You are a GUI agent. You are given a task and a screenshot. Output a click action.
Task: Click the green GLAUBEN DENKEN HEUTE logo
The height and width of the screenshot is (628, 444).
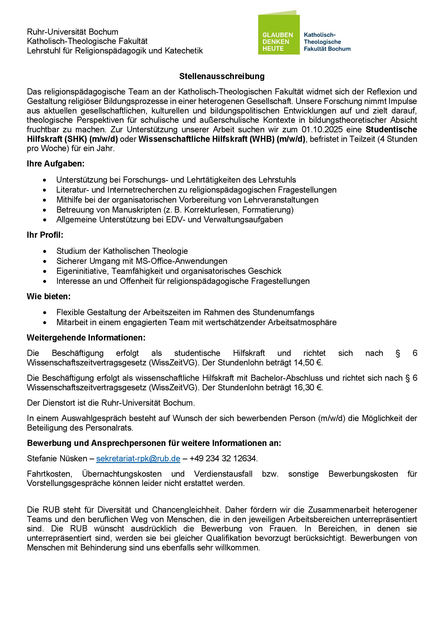pyautogui.click(x=279, y=34)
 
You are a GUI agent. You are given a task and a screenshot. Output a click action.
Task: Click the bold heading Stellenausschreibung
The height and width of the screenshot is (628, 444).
pyautogui.click(x=222, y=76)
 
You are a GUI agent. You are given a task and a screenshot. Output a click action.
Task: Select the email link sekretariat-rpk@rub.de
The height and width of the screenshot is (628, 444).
pyautogui.click(x=138, y=458)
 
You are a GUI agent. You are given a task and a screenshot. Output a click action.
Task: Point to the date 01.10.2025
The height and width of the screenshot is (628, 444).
pyautogui.click(x=322, y=129)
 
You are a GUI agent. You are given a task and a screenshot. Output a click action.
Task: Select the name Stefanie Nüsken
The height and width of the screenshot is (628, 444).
pyautogui.click(x=57, y=458)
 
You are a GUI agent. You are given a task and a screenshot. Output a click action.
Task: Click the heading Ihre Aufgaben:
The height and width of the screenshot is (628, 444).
pyautogui.click(x=56, y=164)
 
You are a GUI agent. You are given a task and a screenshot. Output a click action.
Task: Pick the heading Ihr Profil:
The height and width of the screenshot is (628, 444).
pyautogui.click(x=45, y=235)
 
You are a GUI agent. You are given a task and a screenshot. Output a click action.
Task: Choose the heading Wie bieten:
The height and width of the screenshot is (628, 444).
pyautogui.click(x=49, y=296)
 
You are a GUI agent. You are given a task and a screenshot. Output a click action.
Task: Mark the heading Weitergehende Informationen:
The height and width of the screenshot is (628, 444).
pyautogui.click(x=86, y=338)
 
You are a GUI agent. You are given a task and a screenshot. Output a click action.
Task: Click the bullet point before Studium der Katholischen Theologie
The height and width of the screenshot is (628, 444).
pyautogui.click(x=45, y=251)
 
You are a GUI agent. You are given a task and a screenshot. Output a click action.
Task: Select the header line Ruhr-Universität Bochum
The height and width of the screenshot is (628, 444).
pyautogui.click(x=72, y=32)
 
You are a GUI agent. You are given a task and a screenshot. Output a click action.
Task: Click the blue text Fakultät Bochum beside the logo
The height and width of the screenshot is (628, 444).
pyautogui.click(x=327, y=49)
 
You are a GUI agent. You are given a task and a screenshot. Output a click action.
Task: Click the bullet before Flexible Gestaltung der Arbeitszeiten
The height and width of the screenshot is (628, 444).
pyautogui.click(x=45, y=313)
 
